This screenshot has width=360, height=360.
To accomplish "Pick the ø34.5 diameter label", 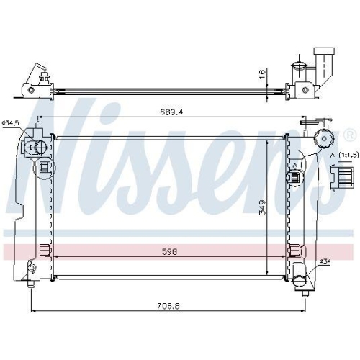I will click(11, 123).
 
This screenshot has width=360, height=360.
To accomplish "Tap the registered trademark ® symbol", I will click(349, 134).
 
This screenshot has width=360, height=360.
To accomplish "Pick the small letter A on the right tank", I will click(295, 164).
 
